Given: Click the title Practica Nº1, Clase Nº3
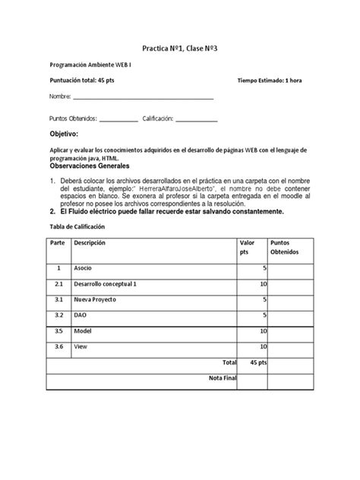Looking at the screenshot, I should click(180, 47).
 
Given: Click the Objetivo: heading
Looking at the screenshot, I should click(64, 134).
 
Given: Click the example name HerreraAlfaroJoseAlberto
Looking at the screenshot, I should click(180, 188).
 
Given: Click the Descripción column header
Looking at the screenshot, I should click(90, 242).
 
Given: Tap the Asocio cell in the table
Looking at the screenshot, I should click(83, 269).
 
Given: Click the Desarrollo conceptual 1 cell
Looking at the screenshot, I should click(106, 284).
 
